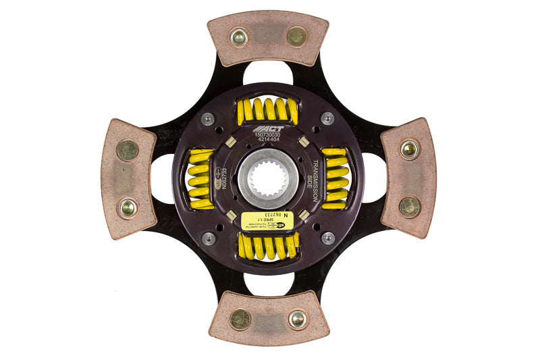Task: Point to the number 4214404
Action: tap(269, 140)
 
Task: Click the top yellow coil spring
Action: tap(267, 110)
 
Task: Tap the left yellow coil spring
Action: tap(200, 178)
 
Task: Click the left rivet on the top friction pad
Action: tap(238, 36)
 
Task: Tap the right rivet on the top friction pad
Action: tap(296, 36)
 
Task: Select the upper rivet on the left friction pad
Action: tap(127, 150)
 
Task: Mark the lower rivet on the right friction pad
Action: tap(409, 207)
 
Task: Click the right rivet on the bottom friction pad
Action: tap(297, 319)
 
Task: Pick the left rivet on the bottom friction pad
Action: tap(240, 319)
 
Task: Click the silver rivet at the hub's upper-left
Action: tap(209, 119)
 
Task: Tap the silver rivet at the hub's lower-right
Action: tap(328, 238)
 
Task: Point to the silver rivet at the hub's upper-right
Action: tap(327, 118)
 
